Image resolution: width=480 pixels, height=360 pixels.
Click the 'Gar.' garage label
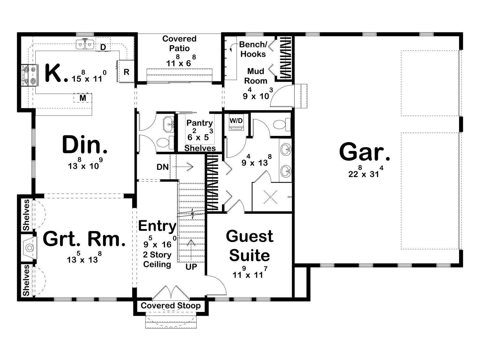pos(364,151)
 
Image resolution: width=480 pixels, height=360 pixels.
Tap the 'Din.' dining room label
pos(85,145)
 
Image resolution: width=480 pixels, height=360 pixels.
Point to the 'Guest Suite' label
pos(250,246)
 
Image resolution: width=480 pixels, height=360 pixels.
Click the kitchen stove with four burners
pos(30,75)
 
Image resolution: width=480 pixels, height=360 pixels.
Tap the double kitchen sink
pos(85,44)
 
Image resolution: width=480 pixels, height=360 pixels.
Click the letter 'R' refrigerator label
pos(126,72)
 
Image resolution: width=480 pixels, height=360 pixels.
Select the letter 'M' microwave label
pos(83,98)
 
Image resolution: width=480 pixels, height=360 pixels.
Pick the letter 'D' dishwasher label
pos(103,47)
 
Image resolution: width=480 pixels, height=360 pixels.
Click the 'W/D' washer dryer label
pos(236,121)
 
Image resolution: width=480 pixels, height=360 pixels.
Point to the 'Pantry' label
pos(199,123)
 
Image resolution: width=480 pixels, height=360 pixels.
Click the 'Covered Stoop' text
pos(171,306)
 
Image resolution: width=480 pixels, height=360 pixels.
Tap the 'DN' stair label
pos(163,167)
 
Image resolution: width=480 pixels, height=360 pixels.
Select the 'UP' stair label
pos(191,267)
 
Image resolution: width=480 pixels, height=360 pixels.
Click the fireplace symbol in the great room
pos(29,247)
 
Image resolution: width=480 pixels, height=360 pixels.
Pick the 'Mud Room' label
pos(256,76)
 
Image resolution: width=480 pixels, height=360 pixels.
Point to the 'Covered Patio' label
pos(179,43)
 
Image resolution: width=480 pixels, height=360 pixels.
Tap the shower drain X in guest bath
pos(271,197)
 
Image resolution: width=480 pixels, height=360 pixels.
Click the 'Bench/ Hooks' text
pos(253,49)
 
